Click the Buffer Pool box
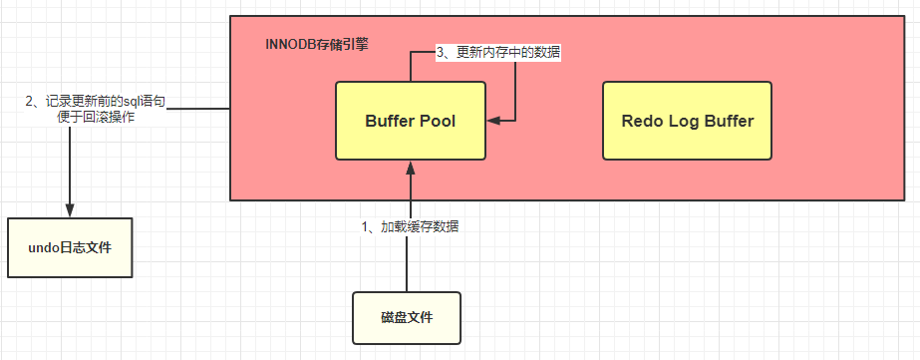coord(410,121)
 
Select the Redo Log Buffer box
coord(688,121)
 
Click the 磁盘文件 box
coord(407,317)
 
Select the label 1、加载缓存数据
coord(410,226)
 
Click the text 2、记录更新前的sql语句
coord(96,101)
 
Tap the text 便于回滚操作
coord(96,117)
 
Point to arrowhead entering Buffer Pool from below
coord(410,167)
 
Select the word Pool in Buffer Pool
coord(437,122)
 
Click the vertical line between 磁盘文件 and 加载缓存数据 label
coord(407,264)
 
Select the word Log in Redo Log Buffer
coord(681,122)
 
